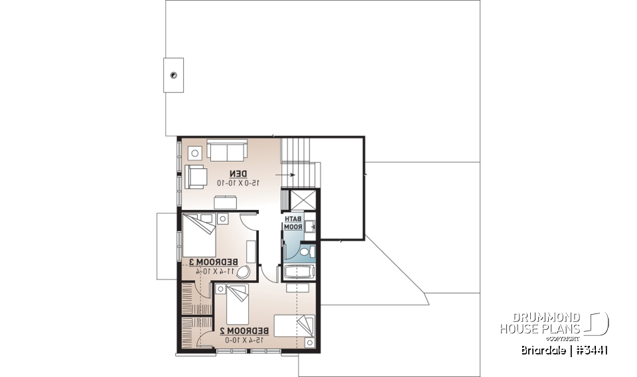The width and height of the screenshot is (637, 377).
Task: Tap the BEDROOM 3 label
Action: (x=210, y=262)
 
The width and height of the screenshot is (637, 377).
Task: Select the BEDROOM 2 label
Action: (x=245, y=331)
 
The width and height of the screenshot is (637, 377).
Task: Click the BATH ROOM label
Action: (x=293, y=223)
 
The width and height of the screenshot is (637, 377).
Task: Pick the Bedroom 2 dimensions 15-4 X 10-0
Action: (x=244, y=339)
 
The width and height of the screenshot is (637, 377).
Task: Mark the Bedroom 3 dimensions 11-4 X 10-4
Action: (x=210, y=270)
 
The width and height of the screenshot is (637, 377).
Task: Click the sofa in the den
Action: (x=227, y=150)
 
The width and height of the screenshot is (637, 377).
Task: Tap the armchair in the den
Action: (x=196, y=176)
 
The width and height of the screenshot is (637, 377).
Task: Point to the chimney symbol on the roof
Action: (x=173, y=75)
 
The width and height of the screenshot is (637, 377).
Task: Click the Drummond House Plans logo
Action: (x=553, y=323)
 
